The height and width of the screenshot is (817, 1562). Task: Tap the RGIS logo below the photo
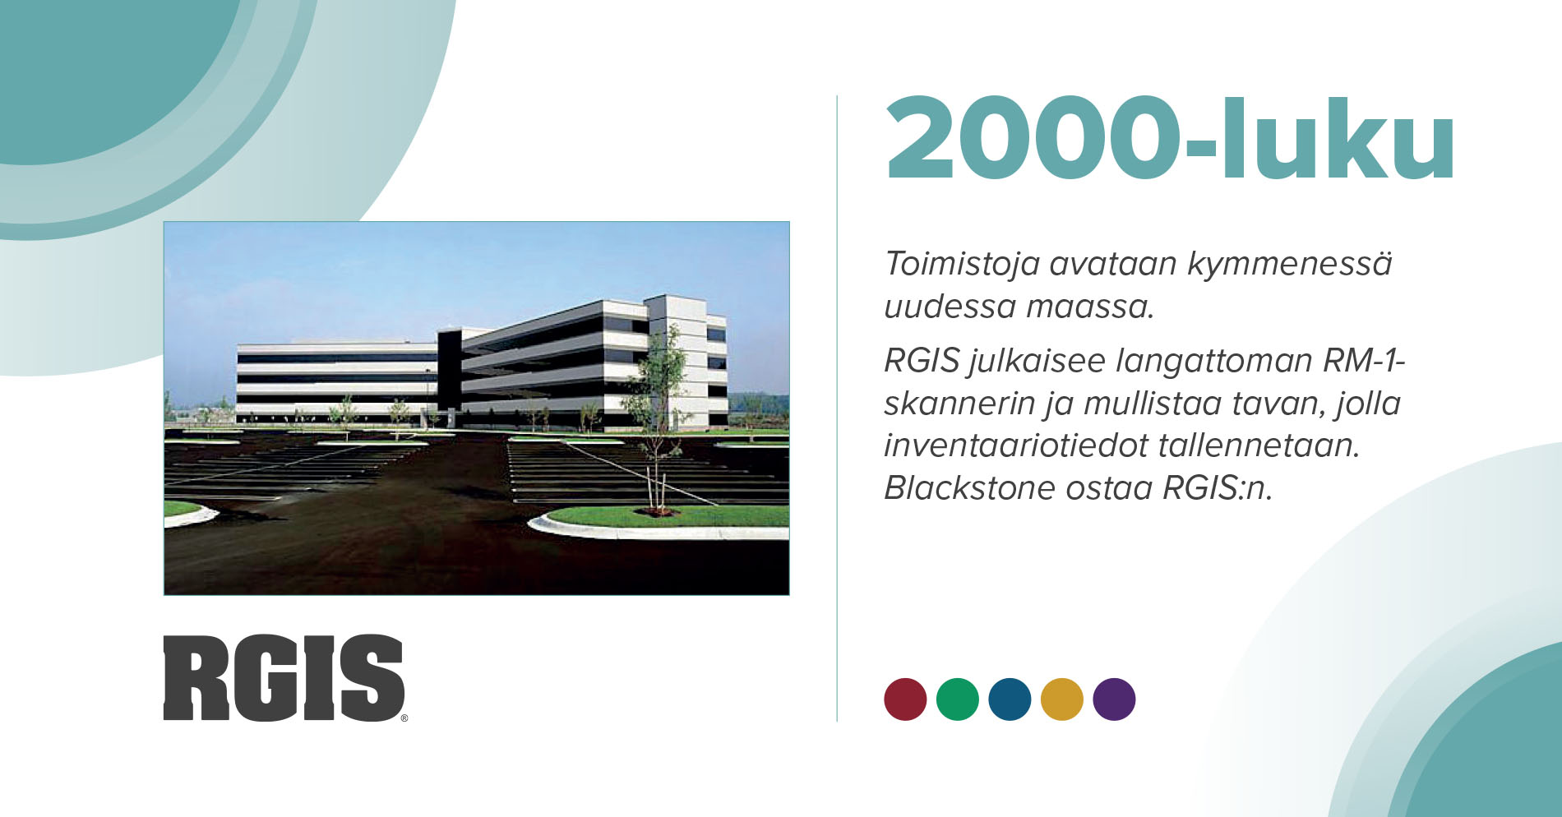pyautogui.click(x=284, y=678)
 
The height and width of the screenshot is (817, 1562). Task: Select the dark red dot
pyautogui.click(x=905, y=699)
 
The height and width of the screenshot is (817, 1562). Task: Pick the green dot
pyautogui.click(x=958, y=699)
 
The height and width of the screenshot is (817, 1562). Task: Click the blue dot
pyautogui.click(x=1010, y=699)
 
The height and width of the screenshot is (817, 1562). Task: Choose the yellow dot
pyautogui.click(x=1062, y=699)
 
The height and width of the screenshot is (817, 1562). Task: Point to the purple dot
pyautogui.click(x=1114, y=699)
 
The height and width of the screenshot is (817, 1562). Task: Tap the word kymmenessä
pyautogui.click(x=1288, y=265)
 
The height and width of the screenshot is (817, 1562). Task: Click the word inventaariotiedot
pyautogui.click(x=1014, y=445)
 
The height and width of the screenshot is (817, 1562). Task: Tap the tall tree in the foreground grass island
pyautogui.click(x=657, y=419)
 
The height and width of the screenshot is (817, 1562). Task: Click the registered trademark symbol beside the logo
pyautogui.click(x=404, y=718)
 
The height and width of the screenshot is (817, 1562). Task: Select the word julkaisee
pyautogui.click(x=1037, y=362)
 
